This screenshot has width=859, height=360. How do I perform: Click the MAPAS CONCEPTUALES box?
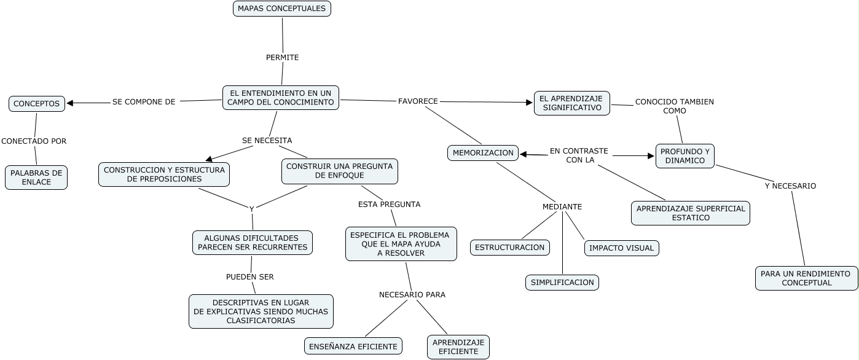[282, 9]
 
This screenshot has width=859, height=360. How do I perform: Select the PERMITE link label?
[282, 57]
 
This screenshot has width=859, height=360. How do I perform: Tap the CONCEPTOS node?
[37, 104]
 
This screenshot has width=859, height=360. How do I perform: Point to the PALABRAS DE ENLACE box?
[36, 178]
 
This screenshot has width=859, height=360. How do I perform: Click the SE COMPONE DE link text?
[144, 102]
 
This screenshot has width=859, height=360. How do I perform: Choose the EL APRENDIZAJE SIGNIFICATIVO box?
[571, 103]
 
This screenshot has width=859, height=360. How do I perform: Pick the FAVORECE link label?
[418, 101]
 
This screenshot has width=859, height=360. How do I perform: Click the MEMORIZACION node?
[483, 153]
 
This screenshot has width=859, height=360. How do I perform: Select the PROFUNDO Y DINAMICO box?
[684, 156]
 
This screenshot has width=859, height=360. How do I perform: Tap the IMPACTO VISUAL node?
[621, 248]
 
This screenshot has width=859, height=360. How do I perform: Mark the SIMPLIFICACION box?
[562, 283]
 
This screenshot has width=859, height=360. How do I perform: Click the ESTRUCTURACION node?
[510, 248]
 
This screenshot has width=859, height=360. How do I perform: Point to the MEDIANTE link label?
[562, 206]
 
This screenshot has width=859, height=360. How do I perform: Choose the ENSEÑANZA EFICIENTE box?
[353, 346]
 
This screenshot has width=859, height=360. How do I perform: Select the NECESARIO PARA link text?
[412, 295]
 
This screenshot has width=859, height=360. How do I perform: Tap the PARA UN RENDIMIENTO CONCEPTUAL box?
[806, 278]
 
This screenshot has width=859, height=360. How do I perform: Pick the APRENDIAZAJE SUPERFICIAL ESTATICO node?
[691, 213]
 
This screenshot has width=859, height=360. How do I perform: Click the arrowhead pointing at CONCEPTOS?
[70, 103]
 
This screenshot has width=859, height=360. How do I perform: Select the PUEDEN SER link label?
[249, 277]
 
